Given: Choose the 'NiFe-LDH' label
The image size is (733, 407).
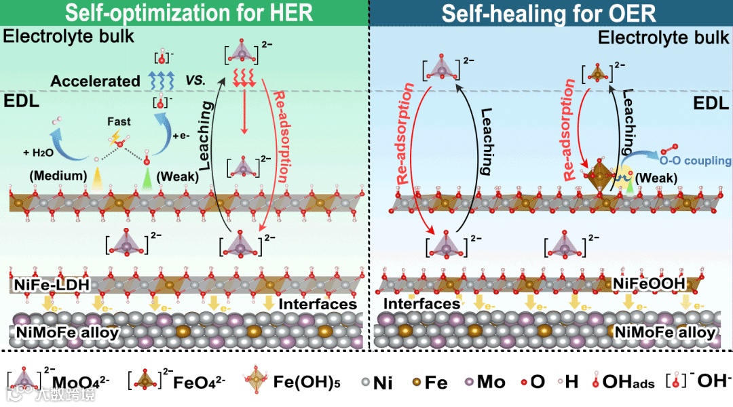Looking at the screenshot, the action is click(x=52, y=285).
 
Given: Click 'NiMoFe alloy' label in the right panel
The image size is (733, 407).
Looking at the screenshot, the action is click(x=665, y=332).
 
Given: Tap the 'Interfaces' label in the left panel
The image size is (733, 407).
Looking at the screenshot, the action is click(x=318, y=304).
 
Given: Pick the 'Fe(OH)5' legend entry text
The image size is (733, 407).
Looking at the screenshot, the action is click(x=305, y=382).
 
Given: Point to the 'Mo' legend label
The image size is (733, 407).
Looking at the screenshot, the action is click(x=491, y=382).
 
